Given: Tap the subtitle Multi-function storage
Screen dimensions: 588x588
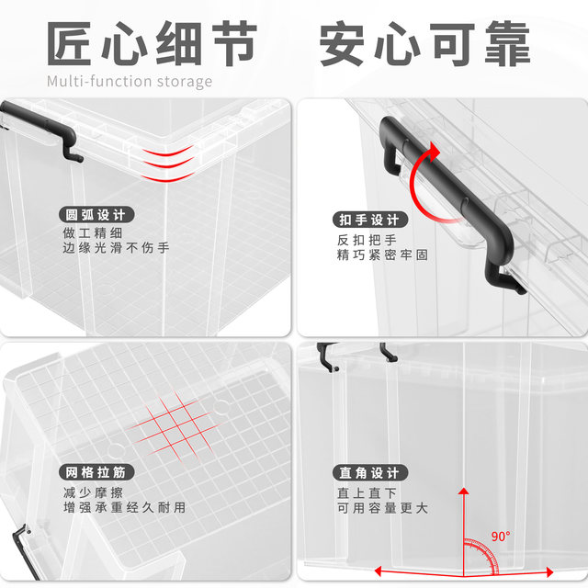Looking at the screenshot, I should point(129,81).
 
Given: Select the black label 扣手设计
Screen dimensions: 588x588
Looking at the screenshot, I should point(368,220).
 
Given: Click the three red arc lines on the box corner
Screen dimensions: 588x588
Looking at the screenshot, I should point(168,162).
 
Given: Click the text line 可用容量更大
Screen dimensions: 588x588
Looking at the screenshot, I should point(381,507).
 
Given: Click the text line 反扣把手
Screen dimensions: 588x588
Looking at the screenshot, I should point(364,239).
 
